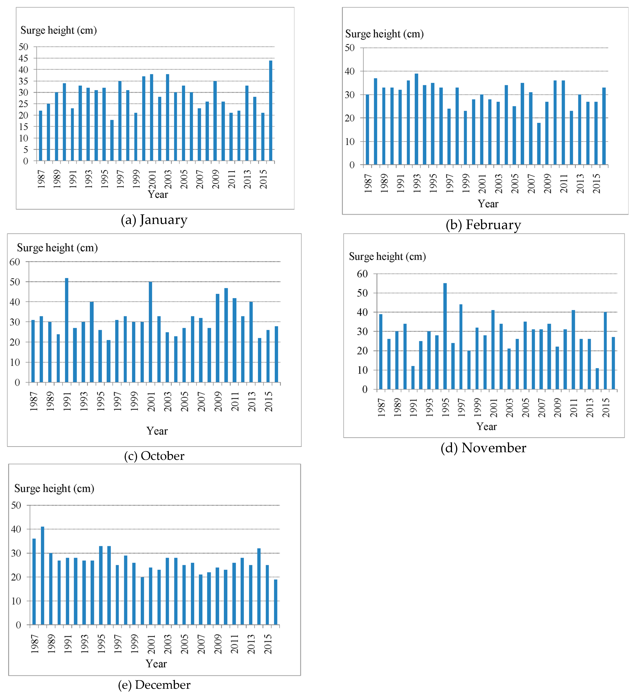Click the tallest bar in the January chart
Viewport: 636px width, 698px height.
pos(271,111)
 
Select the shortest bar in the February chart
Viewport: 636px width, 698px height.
pos(539,144)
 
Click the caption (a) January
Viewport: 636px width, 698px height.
pos(154,220)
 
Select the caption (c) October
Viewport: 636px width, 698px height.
pos(154,456)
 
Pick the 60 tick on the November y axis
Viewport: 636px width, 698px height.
pos(362,274)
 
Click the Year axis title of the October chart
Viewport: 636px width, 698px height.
pos(157,431)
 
